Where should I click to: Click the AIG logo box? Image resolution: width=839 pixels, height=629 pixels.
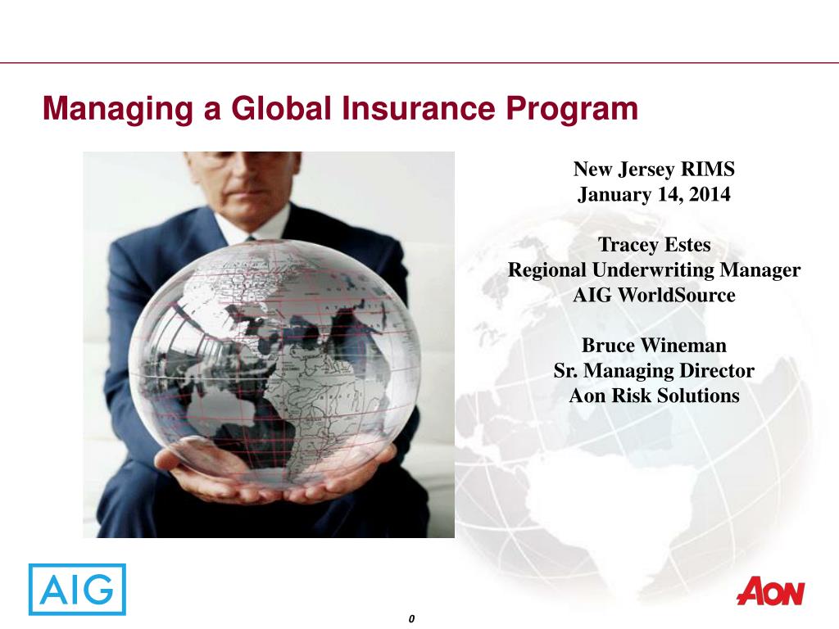pos(77,589)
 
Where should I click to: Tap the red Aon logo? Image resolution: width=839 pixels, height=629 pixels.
pos(770,591)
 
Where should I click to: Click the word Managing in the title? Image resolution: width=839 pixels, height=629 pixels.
pos(118,109)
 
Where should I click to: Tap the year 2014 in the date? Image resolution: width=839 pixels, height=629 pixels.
pos(710,193)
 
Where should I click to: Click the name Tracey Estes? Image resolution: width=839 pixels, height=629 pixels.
pos(654,244)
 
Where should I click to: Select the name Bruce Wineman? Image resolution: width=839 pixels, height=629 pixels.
pos(654,345)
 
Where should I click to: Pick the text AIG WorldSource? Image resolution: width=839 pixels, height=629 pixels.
pos(654,295)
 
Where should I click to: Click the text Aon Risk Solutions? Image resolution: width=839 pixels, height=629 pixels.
pos(654,396)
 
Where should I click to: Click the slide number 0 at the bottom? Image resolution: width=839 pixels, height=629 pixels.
pos(411,619)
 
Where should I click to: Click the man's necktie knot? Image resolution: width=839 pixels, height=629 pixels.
pos(251,238)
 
